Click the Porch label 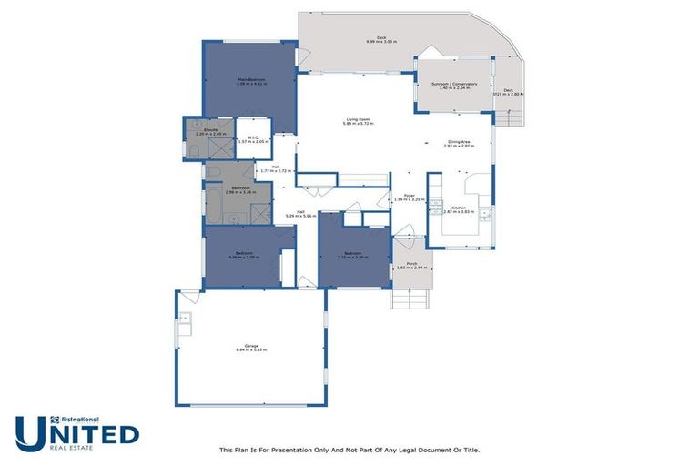coord(411,265)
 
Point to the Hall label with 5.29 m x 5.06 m coord(300,214)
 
